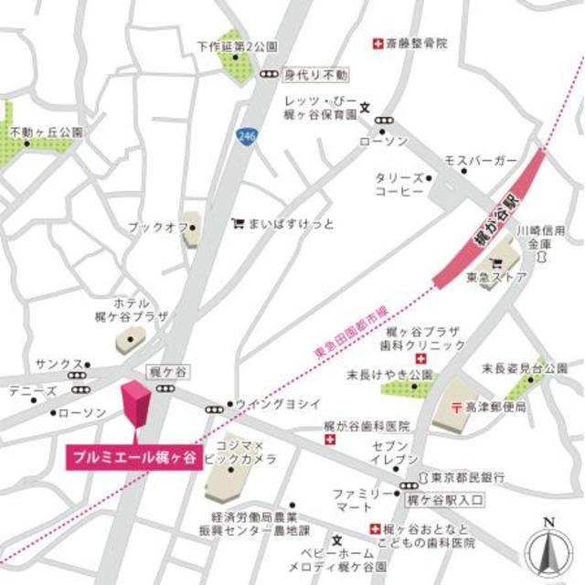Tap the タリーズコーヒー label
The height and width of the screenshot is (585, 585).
coord(399,186)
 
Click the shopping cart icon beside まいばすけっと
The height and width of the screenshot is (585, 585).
coord(238,222)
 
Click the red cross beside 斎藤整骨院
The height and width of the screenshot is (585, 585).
coord(375,43)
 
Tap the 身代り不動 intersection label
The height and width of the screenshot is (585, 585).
coord(315,73)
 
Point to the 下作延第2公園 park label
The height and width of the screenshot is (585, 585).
coord(238,45)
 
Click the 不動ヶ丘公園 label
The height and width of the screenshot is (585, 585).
coord(46,133)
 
